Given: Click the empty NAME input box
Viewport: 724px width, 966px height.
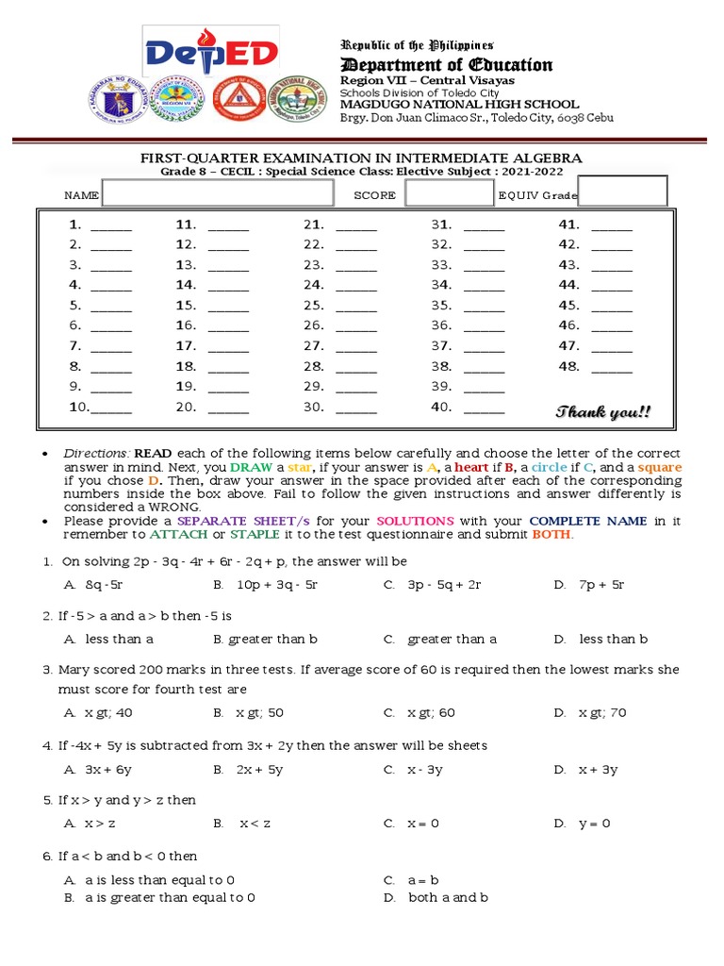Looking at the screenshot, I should point(218,193).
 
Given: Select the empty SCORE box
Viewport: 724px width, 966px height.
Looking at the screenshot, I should point(449,193).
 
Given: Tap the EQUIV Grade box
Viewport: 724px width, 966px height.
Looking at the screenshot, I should point(629,192).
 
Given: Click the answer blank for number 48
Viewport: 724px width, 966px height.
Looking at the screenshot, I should point(611,369).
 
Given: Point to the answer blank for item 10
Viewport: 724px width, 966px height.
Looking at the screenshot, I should point(111,410).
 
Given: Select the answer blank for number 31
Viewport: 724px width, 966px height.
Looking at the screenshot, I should point(484,227).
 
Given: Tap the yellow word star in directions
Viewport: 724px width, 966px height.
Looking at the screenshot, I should point(299,468).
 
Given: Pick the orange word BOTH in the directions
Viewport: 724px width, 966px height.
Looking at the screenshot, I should point(552,535).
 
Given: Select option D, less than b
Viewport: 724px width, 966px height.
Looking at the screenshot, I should point(613,640).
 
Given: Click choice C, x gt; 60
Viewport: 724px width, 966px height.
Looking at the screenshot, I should point(431,713).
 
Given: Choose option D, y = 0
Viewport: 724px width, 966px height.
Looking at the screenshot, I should point(594,824).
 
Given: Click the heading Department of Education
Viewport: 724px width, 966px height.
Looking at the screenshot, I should point(446,64).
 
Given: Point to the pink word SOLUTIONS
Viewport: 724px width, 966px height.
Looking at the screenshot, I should point(416,521).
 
